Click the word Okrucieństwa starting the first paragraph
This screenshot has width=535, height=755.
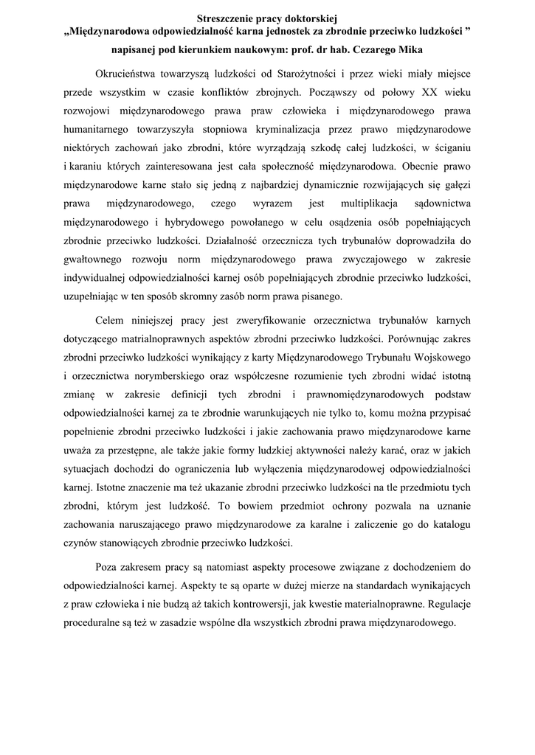point(129,74)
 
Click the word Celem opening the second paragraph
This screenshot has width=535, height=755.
point(111,321)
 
